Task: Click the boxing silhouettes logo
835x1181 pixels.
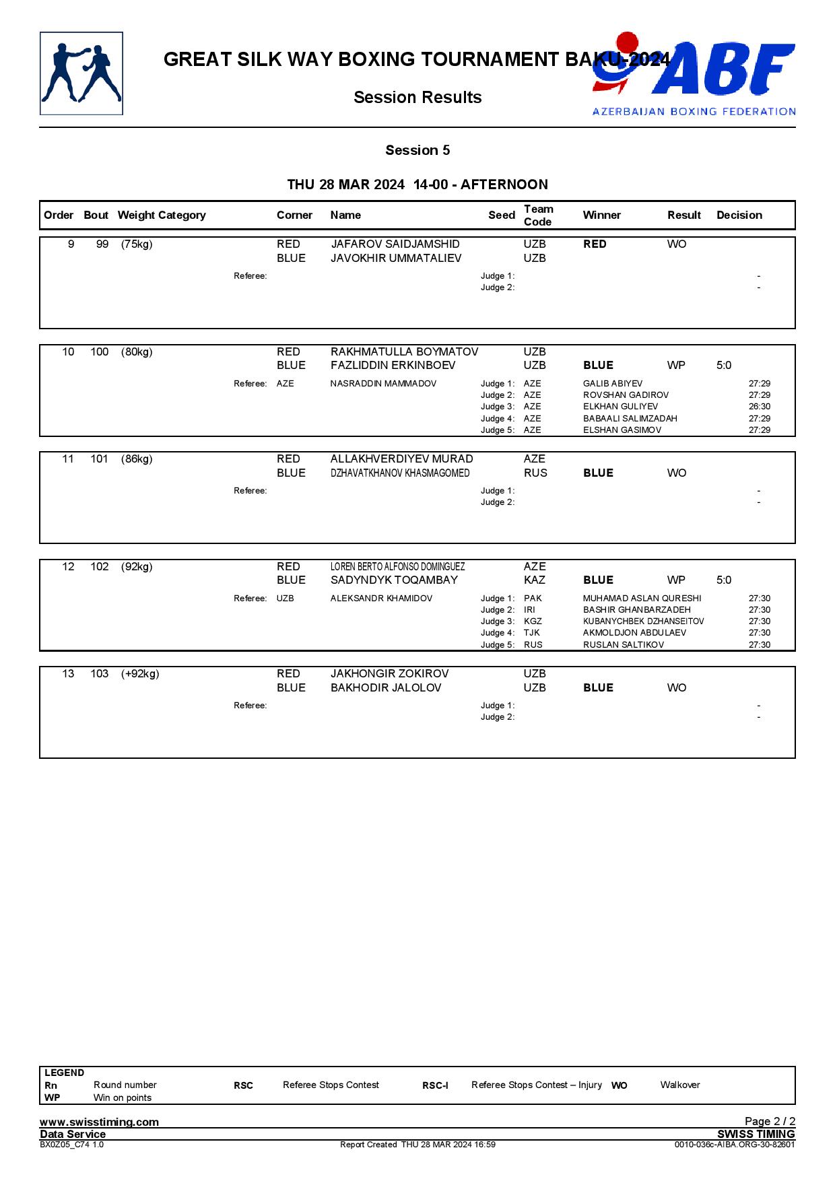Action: [x=81, y=73]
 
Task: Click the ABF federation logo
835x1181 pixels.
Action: [x=694, y=73]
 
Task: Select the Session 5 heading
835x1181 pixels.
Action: [x=417, y=150]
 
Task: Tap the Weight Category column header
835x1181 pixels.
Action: [x=162, y=215]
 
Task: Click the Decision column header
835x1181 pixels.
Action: [x=739, y=215]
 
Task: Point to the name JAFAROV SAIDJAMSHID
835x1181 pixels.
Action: [x=395, y=244]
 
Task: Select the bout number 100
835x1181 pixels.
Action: [x=100, y=352]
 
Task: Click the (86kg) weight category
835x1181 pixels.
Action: [x=137, y=459]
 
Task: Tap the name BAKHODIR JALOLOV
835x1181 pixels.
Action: [x=386, y=687]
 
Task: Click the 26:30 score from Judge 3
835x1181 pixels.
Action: [x=760, y=407]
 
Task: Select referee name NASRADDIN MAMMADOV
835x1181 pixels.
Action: [x=383, y=384]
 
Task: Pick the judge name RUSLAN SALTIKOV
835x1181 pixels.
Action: [x=624, y=645]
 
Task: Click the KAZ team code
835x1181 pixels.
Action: [x=535, y=580]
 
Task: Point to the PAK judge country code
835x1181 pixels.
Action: [x=533, y=599]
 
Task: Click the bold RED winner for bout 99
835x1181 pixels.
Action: [x=595, y=244]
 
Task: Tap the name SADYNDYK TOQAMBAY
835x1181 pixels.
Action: [x=394, y=580]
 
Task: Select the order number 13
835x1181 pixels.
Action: [x=68, y=674]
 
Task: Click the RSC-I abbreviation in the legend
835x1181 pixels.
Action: [x=435, y=1085]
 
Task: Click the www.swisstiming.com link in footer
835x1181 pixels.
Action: [x=99, y=1122]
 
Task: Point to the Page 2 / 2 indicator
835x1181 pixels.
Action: [x=770, y=1121]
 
